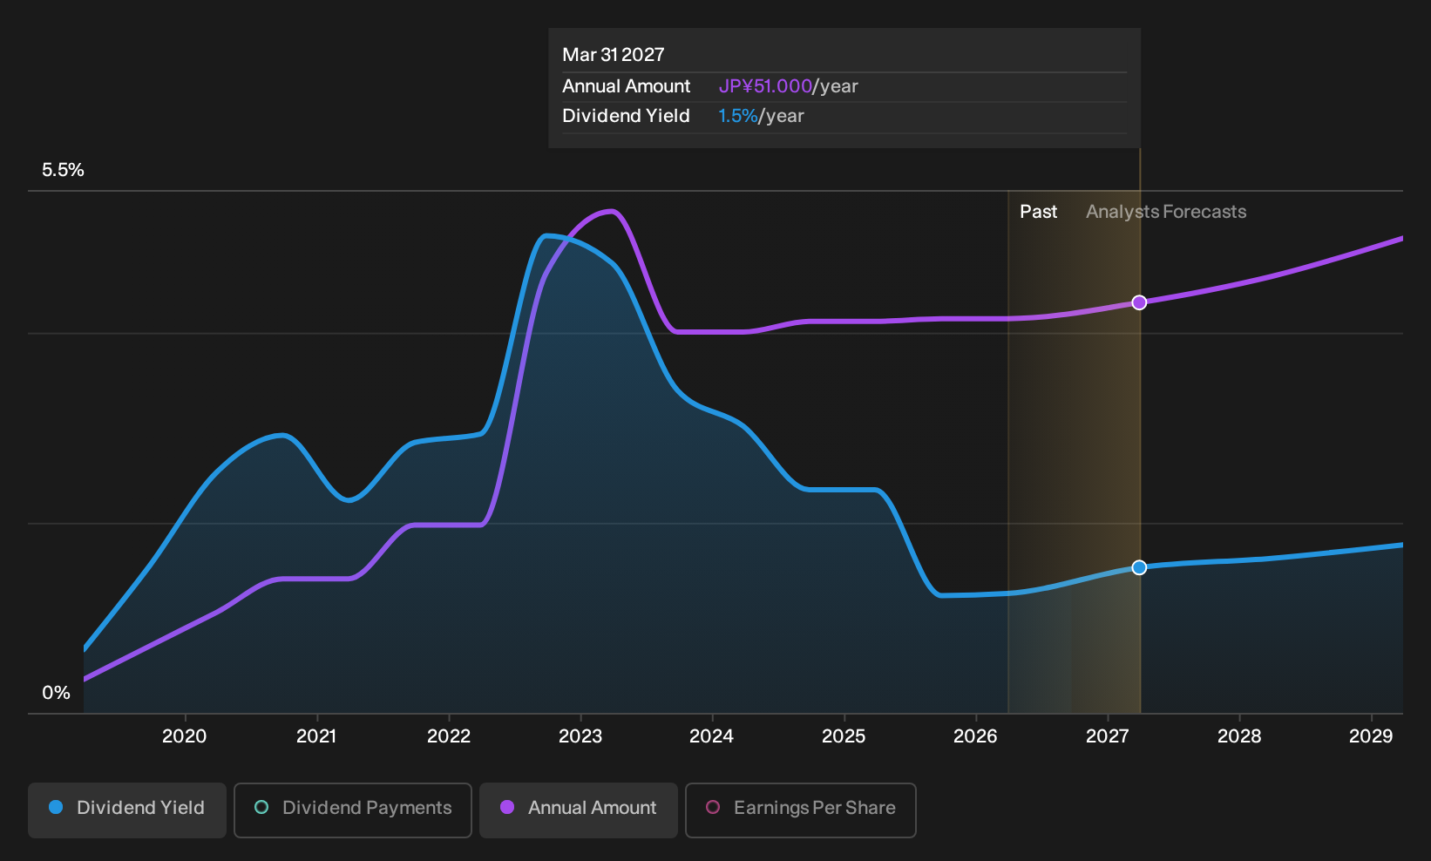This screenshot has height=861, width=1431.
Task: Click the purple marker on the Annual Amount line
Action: pos(1139,302)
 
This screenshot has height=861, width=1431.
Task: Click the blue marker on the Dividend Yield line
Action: pos(1139,567)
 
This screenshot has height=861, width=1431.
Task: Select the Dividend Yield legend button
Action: pos(127,810)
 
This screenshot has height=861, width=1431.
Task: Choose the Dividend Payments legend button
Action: pos(353,810)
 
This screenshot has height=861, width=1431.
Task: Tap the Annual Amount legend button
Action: pos(578,810)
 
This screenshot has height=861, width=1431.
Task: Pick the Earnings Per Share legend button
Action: pos(800,810)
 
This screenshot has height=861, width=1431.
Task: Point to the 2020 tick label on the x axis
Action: pos(185,736)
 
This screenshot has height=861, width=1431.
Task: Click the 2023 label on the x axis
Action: pos(580,736)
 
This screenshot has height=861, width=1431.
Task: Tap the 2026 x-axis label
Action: pos(975,736)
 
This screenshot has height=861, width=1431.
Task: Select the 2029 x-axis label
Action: pos(1371,736)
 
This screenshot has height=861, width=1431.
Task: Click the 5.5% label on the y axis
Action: pos(63,170)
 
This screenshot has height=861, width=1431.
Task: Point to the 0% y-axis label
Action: pos(57,693)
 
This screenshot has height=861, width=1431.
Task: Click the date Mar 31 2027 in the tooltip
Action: pos(614,55)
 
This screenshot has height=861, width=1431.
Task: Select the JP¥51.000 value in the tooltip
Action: pos(765,86)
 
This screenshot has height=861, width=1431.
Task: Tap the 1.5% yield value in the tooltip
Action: pos(738,116)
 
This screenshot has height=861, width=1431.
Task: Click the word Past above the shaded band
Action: pos(1038,212)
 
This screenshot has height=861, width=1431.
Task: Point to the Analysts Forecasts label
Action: pos(1166,212)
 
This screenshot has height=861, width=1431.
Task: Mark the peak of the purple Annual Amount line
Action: pos(612,211)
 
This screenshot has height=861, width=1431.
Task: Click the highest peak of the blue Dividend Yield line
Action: pos(546,236)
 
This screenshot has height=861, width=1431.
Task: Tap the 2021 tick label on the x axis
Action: pos(317,736)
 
